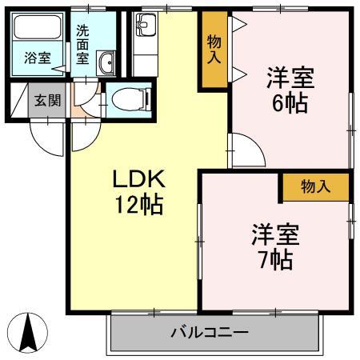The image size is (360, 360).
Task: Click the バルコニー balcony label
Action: (x=210, y=333)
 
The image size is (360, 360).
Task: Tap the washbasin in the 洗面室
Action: (x=106, y=62)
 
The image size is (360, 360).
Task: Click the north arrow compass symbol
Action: (x=28, y=330)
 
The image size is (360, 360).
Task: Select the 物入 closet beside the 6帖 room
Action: (x=214, y=50)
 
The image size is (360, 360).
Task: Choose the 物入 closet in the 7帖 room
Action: (x=315, y=186)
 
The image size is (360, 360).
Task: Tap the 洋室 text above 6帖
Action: (x=290, y=78)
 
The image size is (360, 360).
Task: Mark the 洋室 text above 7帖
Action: (x=276, y=234)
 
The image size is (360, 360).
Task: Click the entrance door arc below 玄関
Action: (x=50, y=137)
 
